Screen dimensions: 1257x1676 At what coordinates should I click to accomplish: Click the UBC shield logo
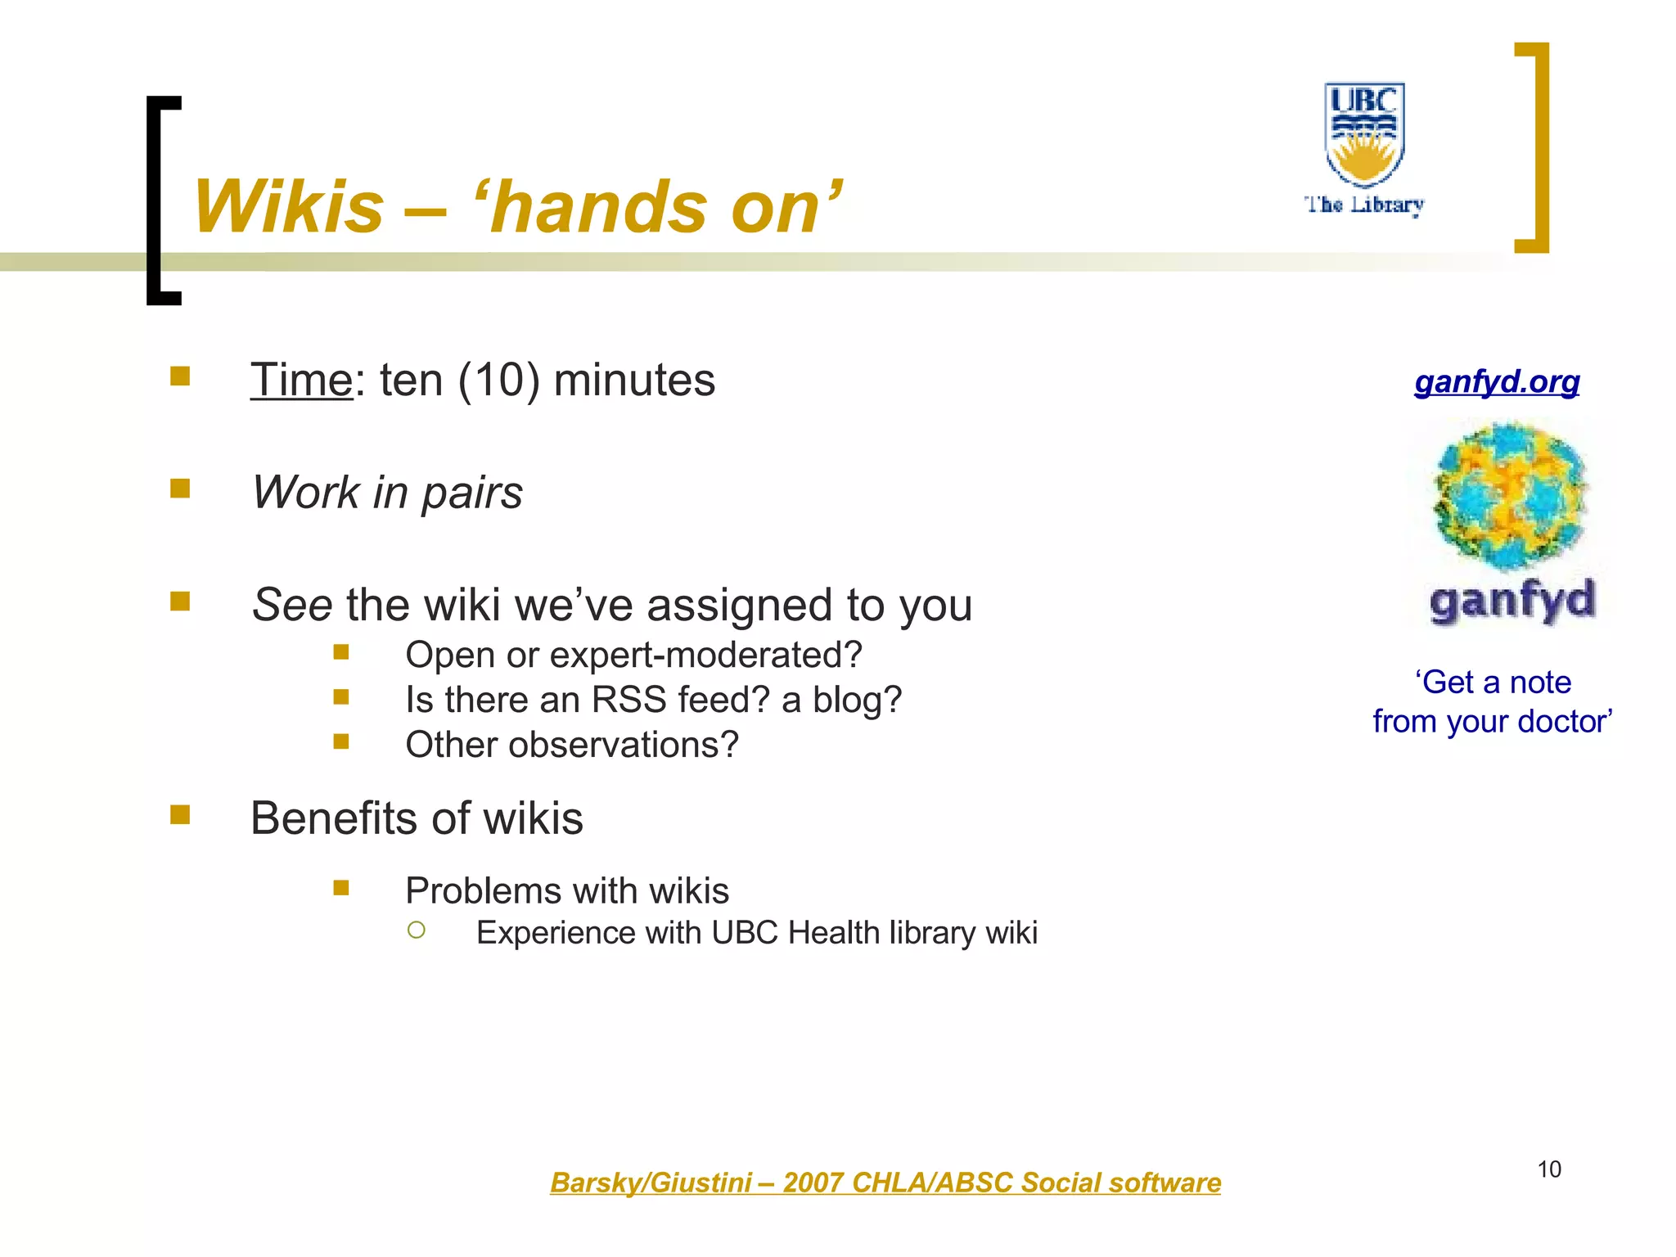pyautogui.click(x=1364, y=133)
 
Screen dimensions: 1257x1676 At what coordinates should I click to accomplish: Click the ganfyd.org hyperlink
pyautogui.click(x=1497, y=382)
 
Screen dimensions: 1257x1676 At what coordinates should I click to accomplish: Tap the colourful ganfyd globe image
pyautogui.click(x=1511, y=495)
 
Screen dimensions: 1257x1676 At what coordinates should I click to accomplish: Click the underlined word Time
pyautogui.click(x=301, y=381)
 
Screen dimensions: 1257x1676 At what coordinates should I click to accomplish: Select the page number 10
pyautogui.click(x=1549, y=1169)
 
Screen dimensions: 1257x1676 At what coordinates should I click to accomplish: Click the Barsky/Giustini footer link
pyautogui.click(x=885, y=1183)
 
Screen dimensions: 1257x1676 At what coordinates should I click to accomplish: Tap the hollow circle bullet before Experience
pyautogui.click(x=417, y=930)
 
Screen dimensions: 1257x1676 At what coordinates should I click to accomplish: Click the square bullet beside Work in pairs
pyautogui.click(x=180, y=489)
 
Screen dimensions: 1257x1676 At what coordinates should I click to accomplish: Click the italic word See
pyautogui.click(x=291, y=606)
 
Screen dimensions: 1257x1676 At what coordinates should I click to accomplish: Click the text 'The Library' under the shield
pyautogui.click(x=1364, y=205)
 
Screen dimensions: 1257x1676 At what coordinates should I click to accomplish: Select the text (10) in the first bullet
pyautogui.click(x=498, y=381)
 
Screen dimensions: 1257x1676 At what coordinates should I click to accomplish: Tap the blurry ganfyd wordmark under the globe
pyautogui.click(x=1512, y=601)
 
